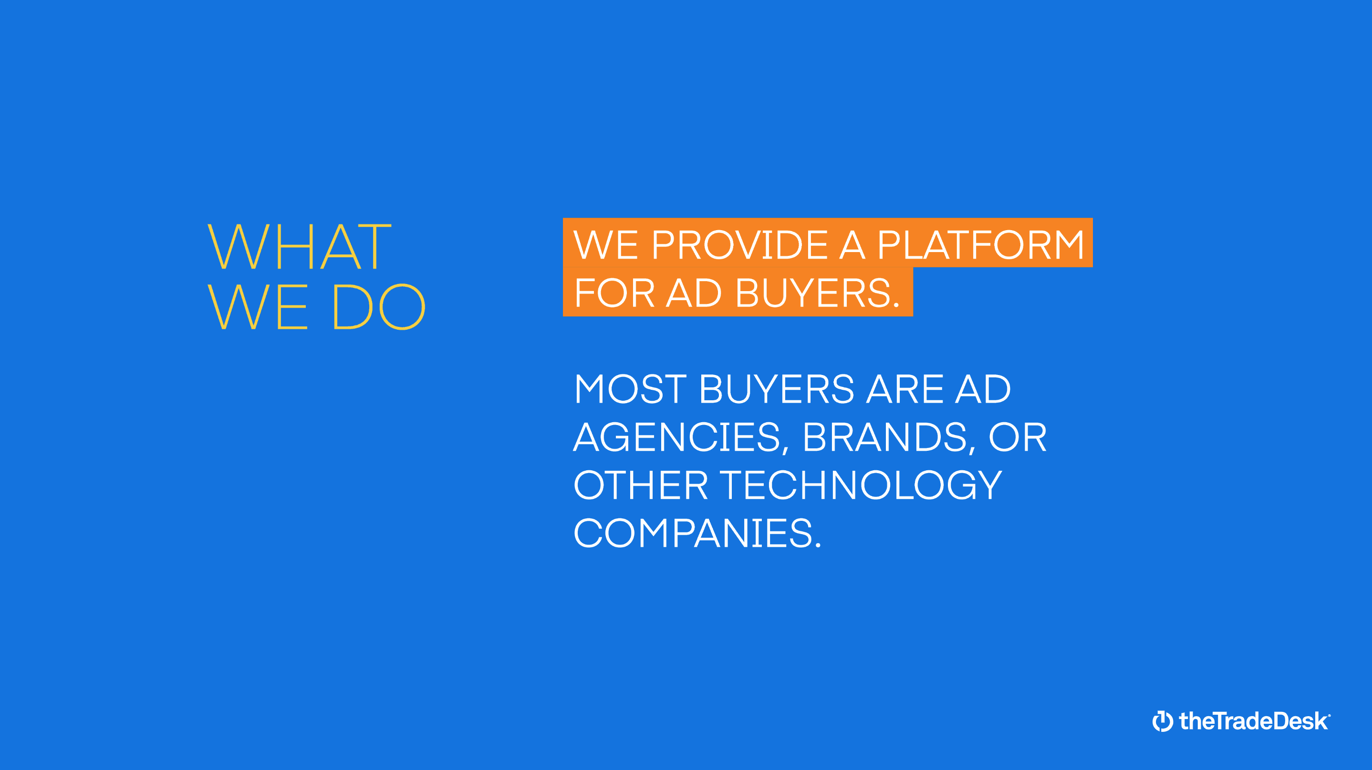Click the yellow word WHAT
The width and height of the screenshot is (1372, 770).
click(x=299, y=246)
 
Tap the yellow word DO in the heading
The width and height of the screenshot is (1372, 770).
click(x=379, y=306)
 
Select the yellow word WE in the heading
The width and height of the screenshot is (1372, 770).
click(x=258, y=306)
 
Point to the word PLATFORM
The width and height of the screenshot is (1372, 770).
click(x=980, y=245)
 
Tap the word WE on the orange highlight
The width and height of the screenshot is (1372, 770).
click(x=605, y=245)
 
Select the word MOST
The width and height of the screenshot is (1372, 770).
click(x=630, y=389)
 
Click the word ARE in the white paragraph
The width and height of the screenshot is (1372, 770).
click(x=905, y=389)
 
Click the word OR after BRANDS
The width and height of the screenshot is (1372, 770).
click(x=1018, y=437)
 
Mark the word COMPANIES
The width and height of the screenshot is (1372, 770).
click(x=697, y=533)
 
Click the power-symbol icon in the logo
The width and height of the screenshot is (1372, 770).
click(x=1163, y=721)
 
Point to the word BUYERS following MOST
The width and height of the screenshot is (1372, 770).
click(x=777, y=389)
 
